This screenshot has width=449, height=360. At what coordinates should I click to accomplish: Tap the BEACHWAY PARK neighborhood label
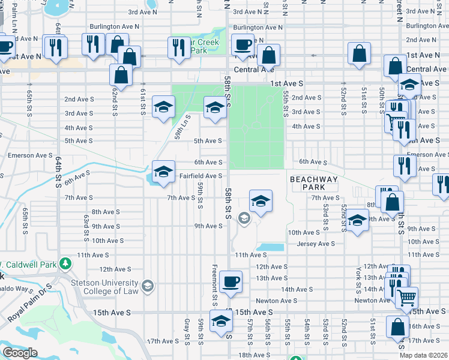point(313,184)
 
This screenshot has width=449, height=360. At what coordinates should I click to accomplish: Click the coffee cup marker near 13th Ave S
point(230,281)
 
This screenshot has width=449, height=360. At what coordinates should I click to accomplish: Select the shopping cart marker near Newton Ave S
point(406,296)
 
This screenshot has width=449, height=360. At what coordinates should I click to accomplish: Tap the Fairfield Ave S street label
point(201,176)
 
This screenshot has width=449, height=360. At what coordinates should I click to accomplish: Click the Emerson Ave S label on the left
point(30,155)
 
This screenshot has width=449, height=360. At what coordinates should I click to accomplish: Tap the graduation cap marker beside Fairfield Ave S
point(163,172)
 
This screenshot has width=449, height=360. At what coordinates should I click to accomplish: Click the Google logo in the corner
point(20,353)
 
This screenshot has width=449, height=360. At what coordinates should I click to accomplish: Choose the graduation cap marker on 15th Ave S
point(220,320)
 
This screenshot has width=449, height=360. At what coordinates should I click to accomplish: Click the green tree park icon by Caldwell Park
point(66,263)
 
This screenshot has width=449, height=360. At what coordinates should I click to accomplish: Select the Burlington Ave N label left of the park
point(114,26)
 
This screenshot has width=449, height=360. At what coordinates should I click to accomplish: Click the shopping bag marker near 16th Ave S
point(397,327)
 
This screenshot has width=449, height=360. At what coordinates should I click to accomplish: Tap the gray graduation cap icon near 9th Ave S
point(244,218)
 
